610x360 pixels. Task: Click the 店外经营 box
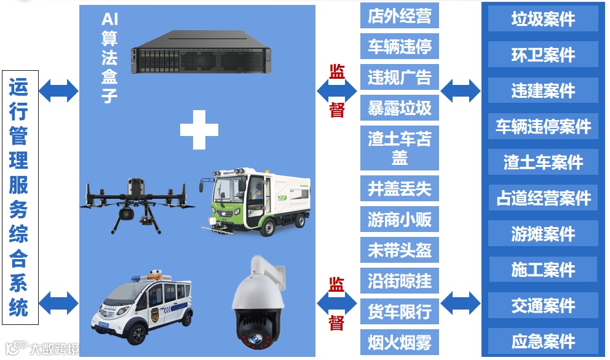pyautogui.click(x=399, y=16)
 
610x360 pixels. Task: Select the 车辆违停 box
pyautogui.click(x=399, y=46)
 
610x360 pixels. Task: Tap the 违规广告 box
pyautogui.click(x=399, y=78)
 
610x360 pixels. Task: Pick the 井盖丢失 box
pyautogui.click(x=399, y=188)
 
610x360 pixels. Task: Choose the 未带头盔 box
pyautogui.click(x=399, y=250)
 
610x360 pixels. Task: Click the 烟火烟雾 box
pyautogui.click(x=399, y=342)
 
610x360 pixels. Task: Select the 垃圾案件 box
pyautogui.click(x=543, y=19)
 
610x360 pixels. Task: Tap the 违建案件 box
pyautogui.click(x=543, y=90)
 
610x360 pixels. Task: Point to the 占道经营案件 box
pyautogui.click(x=543, y=198)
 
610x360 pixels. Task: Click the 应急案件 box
pyautogui.click(x=543, y=341)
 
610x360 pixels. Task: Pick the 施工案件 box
pyautogui.click(x=543, y=270)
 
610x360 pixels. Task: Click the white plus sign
pyautogui.click(x=199, y=129)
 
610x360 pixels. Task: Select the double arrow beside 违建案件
pyautogui.click(x=461, y=90)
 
